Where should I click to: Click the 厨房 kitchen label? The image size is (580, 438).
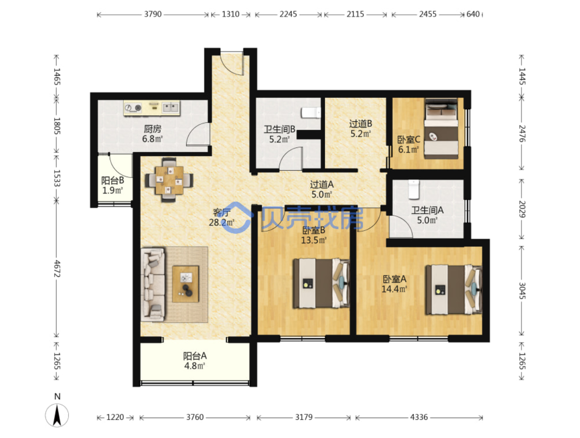tap(152, 129)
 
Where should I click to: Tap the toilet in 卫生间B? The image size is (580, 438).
tap(311, 113)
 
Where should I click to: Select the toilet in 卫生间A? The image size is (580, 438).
tap(413, 189)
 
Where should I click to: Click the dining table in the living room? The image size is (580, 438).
tap(169, 180)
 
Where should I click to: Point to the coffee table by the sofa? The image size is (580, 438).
tap(185, 284)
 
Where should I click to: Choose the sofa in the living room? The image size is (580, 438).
tap(153, 284)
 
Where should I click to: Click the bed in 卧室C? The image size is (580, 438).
tap(441, 129)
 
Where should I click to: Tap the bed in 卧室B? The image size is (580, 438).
tap(321, 283)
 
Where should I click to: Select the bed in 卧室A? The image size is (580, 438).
tap(453, 290)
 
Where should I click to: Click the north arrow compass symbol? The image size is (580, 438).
tap(57, 415)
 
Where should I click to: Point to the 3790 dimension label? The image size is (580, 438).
tap(153, 14)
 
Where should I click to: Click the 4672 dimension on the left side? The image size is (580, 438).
tap(57, 269)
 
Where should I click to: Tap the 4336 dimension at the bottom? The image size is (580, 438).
tap(419, 418)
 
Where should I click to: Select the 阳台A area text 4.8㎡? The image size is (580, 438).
tap(195, 366)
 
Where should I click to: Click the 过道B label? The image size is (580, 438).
tap(361, 123)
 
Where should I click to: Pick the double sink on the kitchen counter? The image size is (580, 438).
tap(170, 107)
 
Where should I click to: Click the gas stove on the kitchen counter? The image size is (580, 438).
tap(133, 108)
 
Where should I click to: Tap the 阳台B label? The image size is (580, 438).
tap(112, 180)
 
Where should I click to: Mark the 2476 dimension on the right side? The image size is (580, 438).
tap(522, 133)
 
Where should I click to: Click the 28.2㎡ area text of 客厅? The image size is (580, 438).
tap(221, 223)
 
